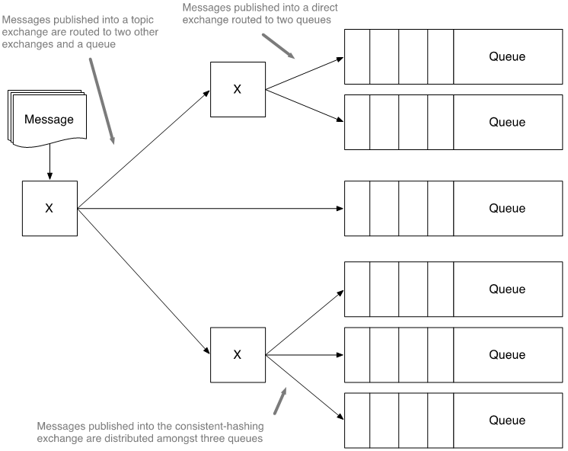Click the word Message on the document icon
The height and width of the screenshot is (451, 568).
pyautogui.click(x=49, y=120)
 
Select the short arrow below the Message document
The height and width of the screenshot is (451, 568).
pyautogui.click(x=49, y=163)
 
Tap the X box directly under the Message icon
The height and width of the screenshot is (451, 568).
pyautogui.click(x=49, y=208)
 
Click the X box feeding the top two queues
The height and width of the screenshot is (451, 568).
pyautogui.click(x=237, y=89)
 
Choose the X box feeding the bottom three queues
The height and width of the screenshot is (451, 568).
pyautogui.click(x=237, y=354)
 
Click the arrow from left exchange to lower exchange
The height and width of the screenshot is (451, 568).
pyautogui.click(x=144, y=282)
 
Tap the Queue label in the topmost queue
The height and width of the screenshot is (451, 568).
pyautogui.click(x=507, y=56)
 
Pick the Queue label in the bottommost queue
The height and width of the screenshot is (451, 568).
pyautogui.click(x=507, y=421)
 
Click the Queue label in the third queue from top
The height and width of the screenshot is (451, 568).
pyautogui.click(x=507, y=208)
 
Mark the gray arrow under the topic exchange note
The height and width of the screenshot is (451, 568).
pyautogui.click(x=102, y=99)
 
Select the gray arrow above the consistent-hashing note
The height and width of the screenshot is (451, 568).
pyautogui.click(x=280, y=401)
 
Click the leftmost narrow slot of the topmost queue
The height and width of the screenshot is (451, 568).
pyautogui.click(x=357, y=56)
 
